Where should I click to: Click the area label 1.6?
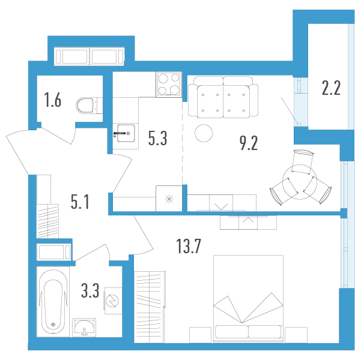click(53, 100)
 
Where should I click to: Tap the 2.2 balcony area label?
click(331, 88)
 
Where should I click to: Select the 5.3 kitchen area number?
click(158, 138)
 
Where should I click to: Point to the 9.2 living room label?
click(249, 143)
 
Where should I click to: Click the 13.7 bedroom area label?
click(189, 246)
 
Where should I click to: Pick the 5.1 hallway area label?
click(80, 202)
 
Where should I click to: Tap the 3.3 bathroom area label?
click(90, 290)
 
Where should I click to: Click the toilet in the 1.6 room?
click(89, 106)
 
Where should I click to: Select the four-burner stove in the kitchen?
click(169, 85)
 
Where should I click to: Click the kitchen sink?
click(126, 133)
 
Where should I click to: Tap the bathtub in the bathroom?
click(53, 302)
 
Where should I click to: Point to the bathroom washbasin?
click(84, 328)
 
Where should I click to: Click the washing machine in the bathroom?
click(113, 301)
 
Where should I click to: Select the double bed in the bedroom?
click(249, 299)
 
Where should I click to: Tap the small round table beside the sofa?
click(204, 133)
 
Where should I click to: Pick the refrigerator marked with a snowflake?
click(169, 199)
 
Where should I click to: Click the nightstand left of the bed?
click(200, 335)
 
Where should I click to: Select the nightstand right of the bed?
click(296, 335)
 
